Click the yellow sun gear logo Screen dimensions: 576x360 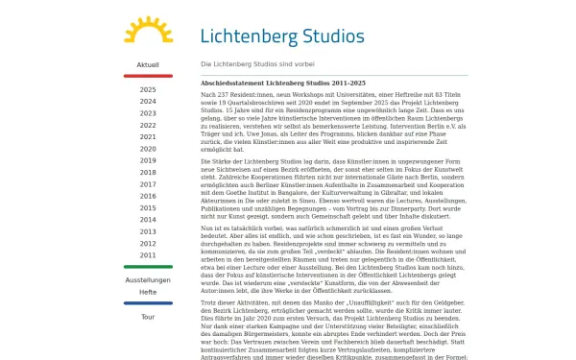(x=148, y=31)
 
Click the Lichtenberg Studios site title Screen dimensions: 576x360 (x=282, y=36)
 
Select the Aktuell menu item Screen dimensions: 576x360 (x=148, y=65)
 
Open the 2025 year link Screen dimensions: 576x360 (x=148, y=89)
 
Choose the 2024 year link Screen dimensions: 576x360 (x=148, y=101)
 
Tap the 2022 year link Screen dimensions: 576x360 (x=148, y=125)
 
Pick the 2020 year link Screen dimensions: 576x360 (x=148, y=149)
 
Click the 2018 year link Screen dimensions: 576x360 (x=148, y=172)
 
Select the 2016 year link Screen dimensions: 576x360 (x=148, y=196)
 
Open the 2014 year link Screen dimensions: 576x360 (x=148, y=220)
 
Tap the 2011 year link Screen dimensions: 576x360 (x=148, y=255)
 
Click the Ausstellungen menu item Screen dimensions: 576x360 (x=148, y=279)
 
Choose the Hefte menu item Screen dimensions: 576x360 (x=148, y=291)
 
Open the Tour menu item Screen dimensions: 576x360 (x=148, y=316)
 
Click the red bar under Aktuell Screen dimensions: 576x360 (x=148, y=76)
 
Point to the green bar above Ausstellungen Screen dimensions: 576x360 (x=148, y=267)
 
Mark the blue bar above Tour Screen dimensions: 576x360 (x=148, y=303)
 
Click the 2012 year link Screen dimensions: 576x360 (x=148, y=244)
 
